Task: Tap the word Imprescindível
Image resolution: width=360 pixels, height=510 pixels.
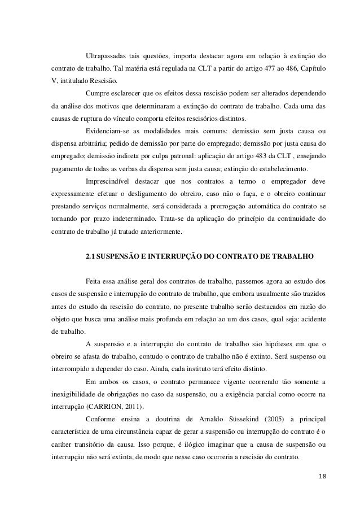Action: tap(108, 181)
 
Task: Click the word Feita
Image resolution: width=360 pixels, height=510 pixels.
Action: tap(94, 280)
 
